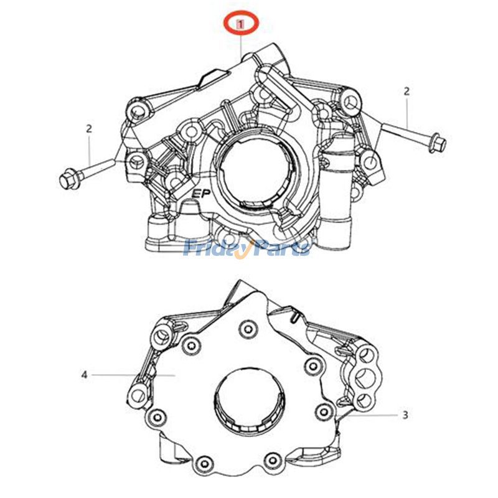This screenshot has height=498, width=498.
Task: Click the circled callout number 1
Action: point(241,24)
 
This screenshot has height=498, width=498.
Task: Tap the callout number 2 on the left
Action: point(89,129)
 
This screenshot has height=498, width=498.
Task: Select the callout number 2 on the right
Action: point(406,92)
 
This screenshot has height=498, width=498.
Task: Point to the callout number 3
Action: point(405,415)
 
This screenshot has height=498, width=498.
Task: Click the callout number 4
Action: point(84,375)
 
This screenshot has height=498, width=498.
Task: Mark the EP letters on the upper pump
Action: point(200,194)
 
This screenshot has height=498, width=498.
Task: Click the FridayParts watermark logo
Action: point(247,248)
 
